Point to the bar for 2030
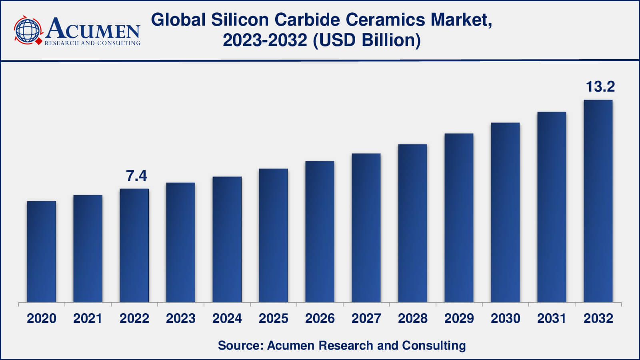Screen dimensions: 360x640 tap(505, 212)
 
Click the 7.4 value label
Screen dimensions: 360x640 tap(136, 176)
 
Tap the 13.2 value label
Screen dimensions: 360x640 tap(600, 86)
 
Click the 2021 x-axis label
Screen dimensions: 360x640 tap(88, 318)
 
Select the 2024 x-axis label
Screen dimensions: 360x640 tap(227, 318)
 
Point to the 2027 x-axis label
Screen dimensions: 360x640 tap(366, 318)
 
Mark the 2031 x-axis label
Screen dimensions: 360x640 tap(552, 318)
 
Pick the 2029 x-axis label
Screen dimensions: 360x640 tap(459, 318)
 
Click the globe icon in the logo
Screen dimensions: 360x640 tap(28, 30)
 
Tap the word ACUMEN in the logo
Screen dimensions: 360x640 tap(93, 29)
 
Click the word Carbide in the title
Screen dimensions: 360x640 tap(307, 20)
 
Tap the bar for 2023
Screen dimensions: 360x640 tap(181, 242)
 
